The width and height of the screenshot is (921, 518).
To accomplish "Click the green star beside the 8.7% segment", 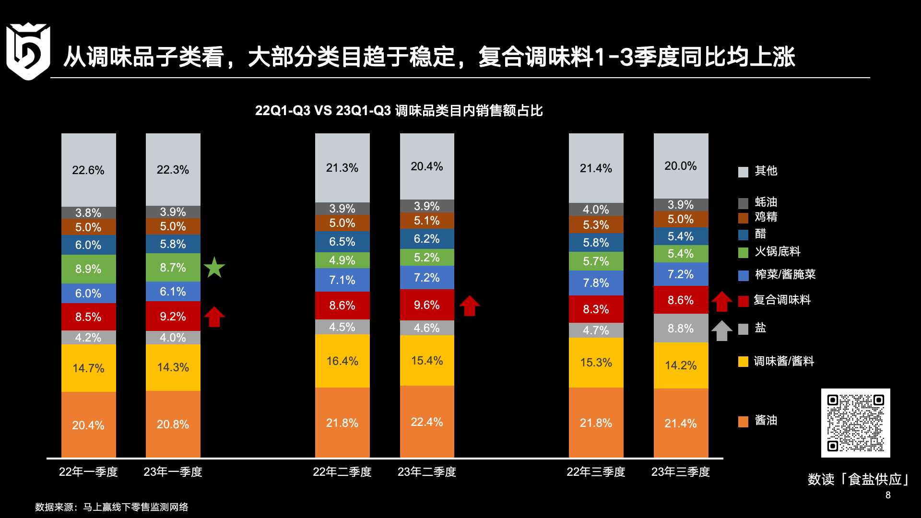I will click(x=214, y=268).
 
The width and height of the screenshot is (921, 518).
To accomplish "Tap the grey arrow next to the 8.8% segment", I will click(x=721, y=330).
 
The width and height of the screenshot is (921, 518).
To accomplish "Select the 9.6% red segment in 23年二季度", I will click(x=427, y=305).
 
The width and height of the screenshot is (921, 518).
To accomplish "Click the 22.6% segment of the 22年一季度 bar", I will click(x=88, y=170).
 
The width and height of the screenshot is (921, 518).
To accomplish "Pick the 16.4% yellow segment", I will click(x=342, y=361).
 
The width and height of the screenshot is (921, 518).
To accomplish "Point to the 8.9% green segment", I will click(x=88, y=269).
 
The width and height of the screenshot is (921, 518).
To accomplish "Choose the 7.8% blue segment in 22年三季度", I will click(x=596, y=283).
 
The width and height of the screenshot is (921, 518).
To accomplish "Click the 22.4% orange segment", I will click(x=427, y=422).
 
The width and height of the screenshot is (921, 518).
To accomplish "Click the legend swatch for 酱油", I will click(x=743, y=422).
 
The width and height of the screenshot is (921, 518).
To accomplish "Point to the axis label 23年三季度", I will click(x=680, y=472).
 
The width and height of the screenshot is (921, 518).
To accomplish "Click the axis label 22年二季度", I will click(x=342, y=472).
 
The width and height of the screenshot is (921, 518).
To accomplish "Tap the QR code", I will click(x=855, y=423).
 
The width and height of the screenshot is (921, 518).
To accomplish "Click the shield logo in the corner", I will click(x=28, y=51).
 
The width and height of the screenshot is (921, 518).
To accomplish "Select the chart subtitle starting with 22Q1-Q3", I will click(x=399, y=111).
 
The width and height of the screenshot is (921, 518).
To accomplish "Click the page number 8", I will click(x=888, y=495).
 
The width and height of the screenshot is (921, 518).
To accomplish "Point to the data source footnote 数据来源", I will click(x=111, y=507).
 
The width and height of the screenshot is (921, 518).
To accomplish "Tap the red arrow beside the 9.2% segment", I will click(x=214, y=317).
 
